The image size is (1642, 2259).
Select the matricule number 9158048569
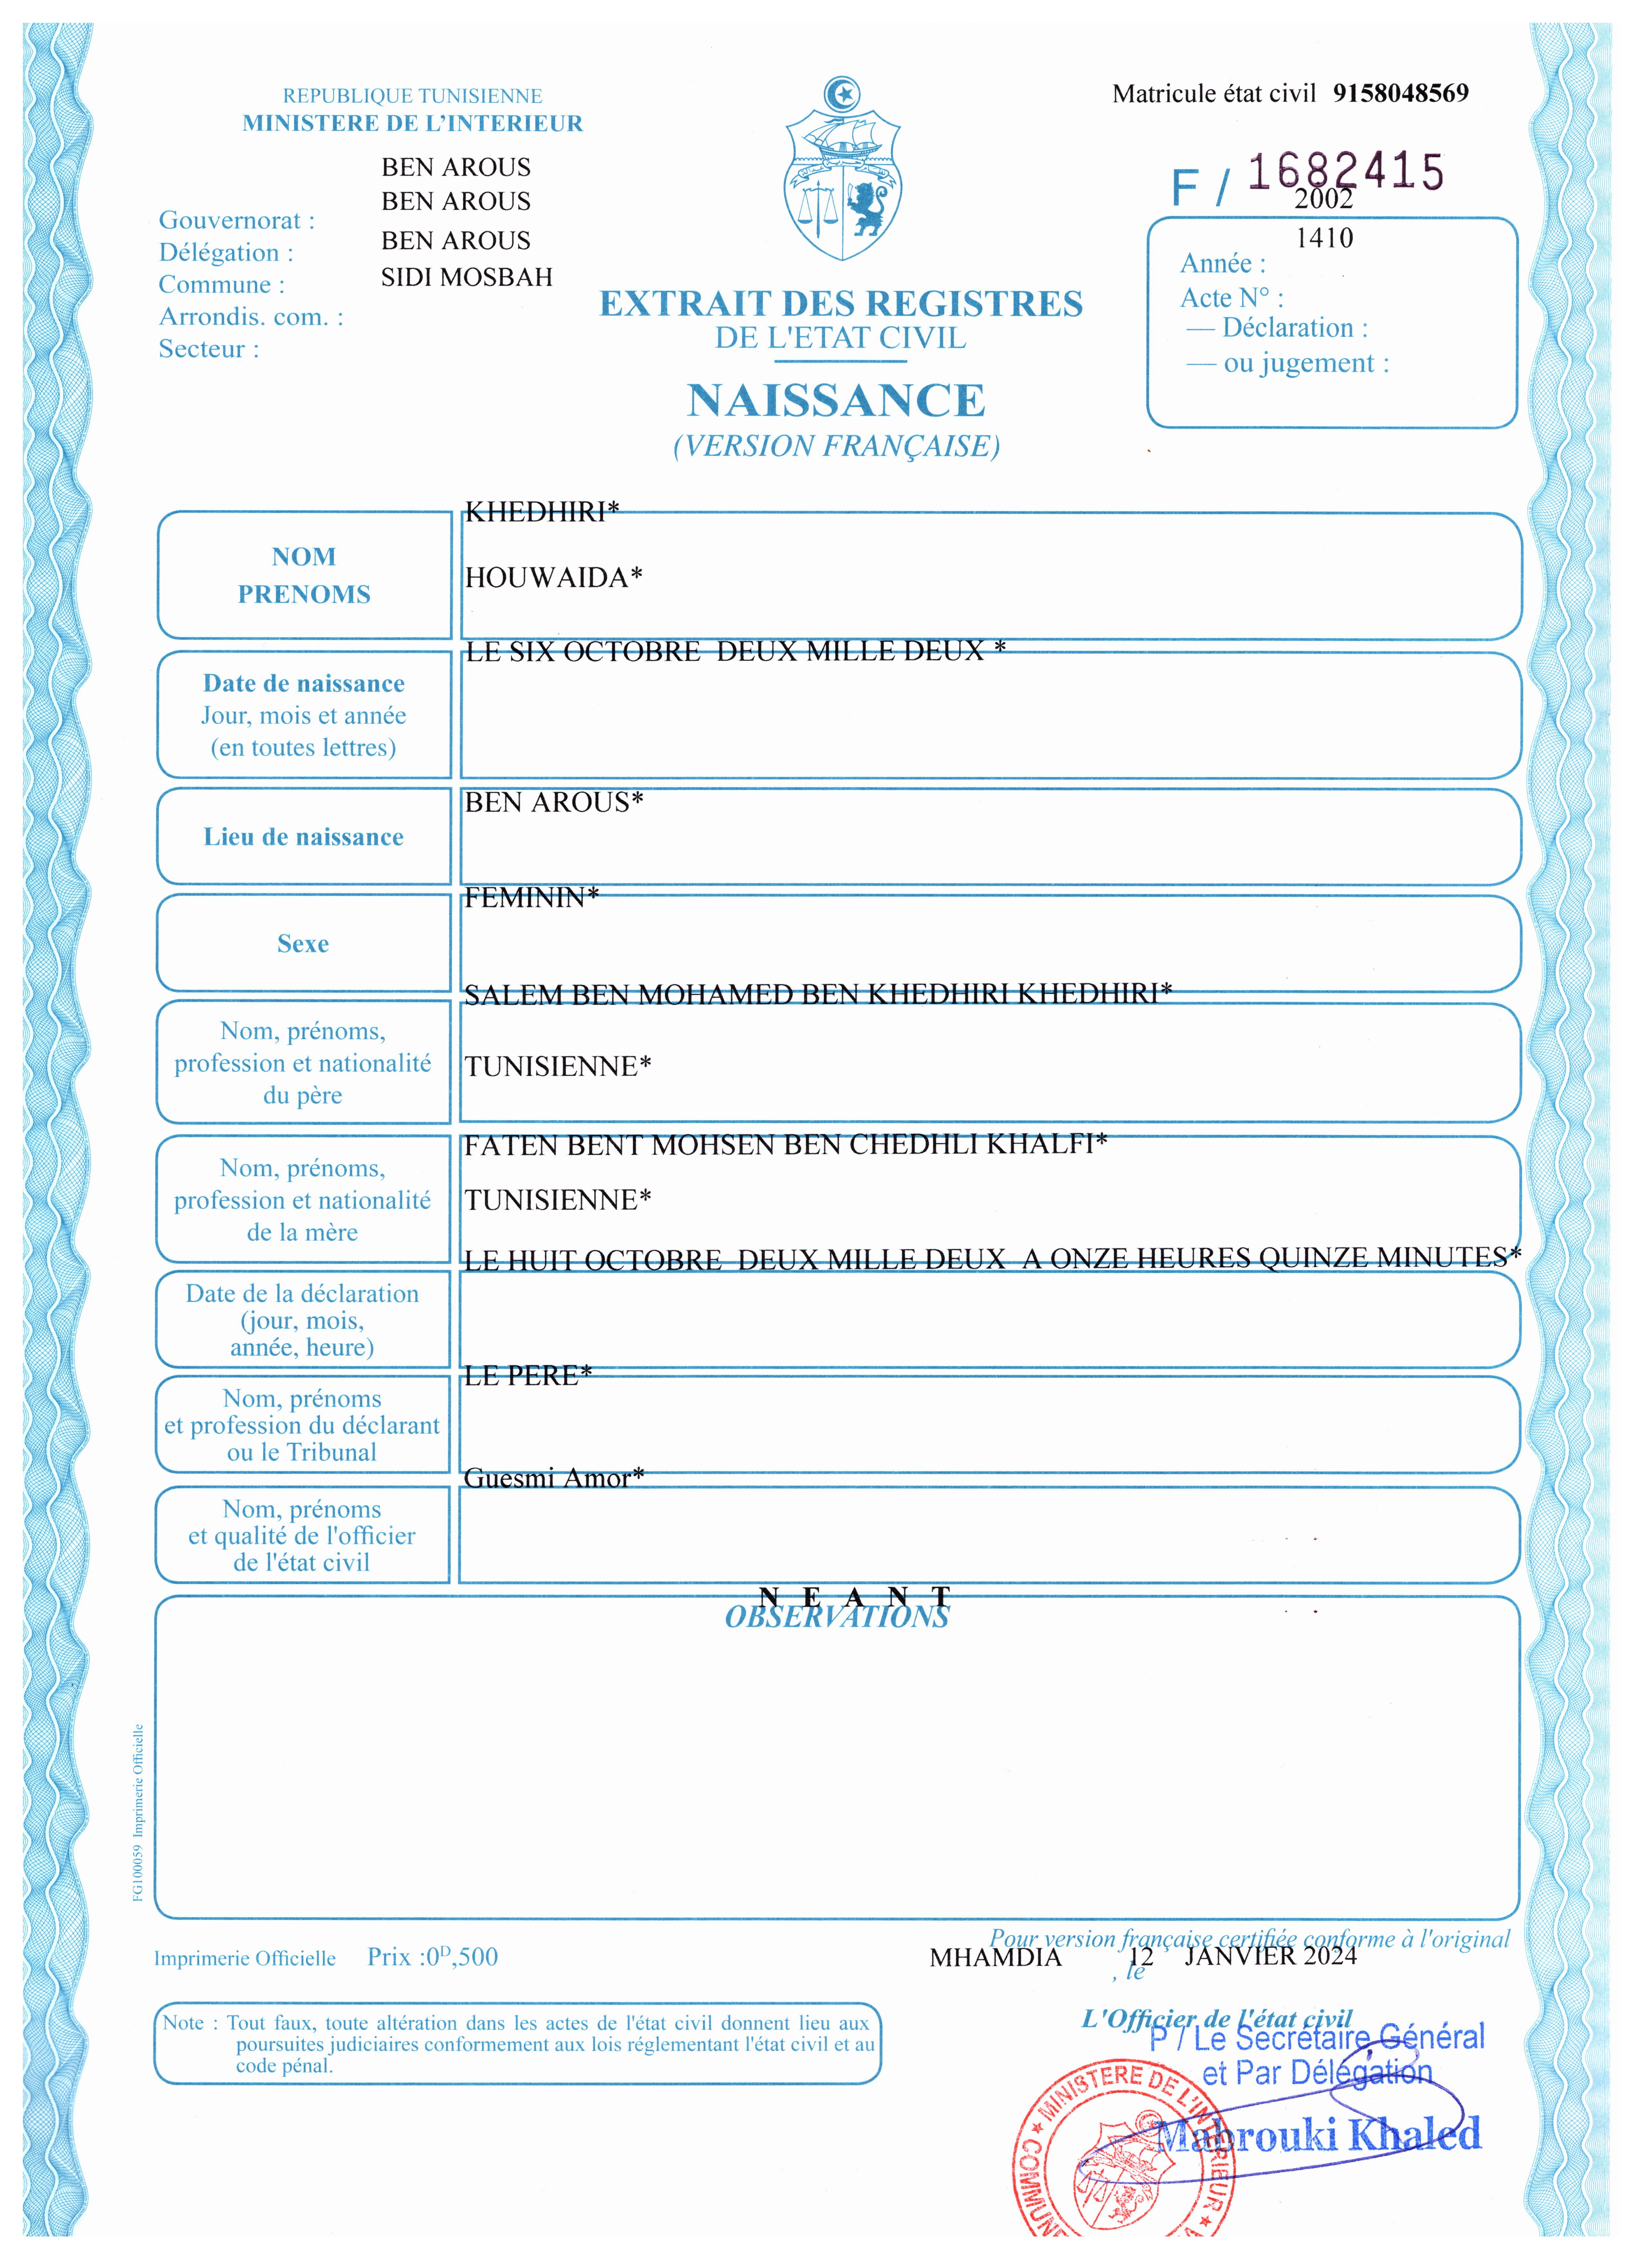1400,94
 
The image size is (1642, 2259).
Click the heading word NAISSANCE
836,400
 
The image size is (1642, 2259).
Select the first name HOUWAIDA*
553,578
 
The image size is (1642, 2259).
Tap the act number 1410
1324,238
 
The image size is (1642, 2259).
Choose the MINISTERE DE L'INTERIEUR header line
412,124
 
